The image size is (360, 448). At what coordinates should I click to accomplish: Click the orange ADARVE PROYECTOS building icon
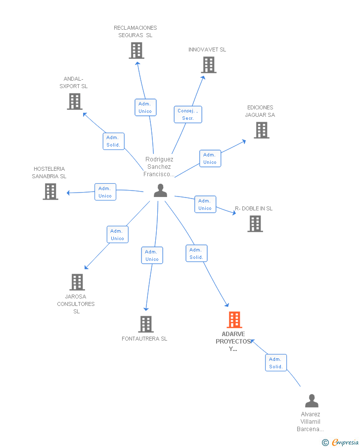point(234,320)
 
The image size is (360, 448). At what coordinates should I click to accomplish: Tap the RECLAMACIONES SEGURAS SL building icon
point(136,50)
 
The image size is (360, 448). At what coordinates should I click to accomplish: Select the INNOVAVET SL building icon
point(209,65)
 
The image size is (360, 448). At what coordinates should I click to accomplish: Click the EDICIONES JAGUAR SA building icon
point(262,130)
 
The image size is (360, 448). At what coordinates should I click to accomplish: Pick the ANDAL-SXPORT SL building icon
point(75,101)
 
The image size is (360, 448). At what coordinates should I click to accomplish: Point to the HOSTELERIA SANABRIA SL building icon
point(50,192)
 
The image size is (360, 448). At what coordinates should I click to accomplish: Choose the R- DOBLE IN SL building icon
point(255,224)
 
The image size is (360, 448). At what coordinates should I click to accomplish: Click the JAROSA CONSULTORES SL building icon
point(77,282)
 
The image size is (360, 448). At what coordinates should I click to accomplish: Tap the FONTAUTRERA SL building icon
point(146,324)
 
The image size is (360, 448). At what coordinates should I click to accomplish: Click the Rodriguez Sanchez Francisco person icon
point(160,191)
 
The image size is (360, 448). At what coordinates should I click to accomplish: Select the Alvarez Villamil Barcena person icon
point(312,400)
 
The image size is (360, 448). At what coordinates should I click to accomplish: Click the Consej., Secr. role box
point(188,114)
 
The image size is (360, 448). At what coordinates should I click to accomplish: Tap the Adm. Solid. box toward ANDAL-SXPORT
point(114,141)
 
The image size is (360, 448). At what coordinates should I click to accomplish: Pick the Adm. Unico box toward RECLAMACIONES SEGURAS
point(145,107)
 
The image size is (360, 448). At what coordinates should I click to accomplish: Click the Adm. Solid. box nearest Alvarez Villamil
point(276,363)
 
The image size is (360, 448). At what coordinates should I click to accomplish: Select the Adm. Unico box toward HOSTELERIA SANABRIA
point(105,192)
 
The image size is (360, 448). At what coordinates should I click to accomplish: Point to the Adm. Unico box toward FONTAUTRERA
point(152,255)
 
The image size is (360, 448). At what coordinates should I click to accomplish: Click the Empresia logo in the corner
point(341,442)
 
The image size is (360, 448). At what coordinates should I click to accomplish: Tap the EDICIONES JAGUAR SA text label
point(260,111)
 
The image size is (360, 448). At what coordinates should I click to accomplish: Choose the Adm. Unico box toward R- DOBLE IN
point(205,204)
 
